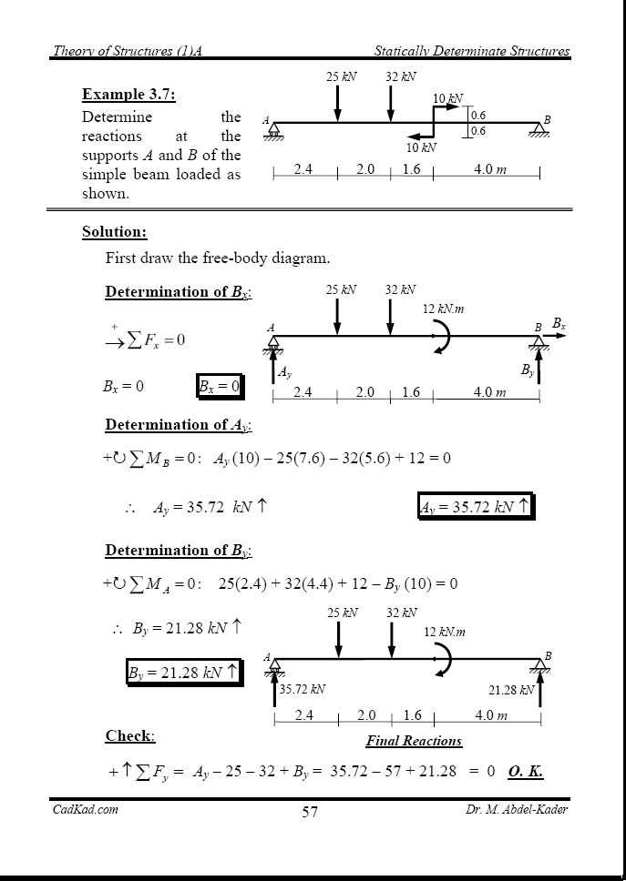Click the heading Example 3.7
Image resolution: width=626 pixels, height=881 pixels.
(128, 95)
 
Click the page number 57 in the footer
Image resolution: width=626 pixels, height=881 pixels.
(310, 812)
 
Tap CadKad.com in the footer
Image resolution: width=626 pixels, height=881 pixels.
(85, 809)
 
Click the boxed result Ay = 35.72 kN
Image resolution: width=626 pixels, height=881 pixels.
(474, 507)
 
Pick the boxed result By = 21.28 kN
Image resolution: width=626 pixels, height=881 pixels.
(182, 673)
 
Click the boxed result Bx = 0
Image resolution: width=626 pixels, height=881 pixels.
(219, 386)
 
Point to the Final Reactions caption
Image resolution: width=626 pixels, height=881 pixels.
(414, 741)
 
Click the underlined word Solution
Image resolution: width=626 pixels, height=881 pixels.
(114, 232)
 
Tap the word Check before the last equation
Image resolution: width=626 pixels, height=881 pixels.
(130, 735)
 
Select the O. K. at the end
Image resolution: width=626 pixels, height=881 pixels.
(526, 772)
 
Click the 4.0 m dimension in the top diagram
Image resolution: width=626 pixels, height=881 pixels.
(489, 169)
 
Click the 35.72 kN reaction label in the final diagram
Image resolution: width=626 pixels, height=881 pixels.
(303, 690)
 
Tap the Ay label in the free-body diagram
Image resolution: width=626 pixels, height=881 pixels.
(284, 372)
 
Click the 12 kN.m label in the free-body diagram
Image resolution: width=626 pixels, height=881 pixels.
(444, 309)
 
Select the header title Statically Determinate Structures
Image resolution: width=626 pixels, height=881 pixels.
(471, 51)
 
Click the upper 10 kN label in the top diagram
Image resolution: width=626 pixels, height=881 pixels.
(447, 98)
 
